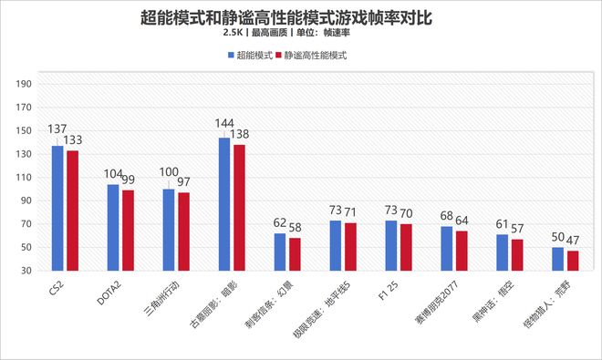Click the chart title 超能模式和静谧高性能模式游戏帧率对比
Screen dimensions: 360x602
point(300,15)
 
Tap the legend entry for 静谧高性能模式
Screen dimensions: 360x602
point(315,55)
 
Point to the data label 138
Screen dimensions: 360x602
point(239,134)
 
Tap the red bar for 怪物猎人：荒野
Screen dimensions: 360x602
point(573,261)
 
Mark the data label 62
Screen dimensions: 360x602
point(280,222)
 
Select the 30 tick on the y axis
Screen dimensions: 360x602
point(27,271)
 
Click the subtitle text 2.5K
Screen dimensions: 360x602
point(233,33)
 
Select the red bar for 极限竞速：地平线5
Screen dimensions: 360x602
point(350,246)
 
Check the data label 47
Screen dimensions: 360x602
point(573,241)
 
